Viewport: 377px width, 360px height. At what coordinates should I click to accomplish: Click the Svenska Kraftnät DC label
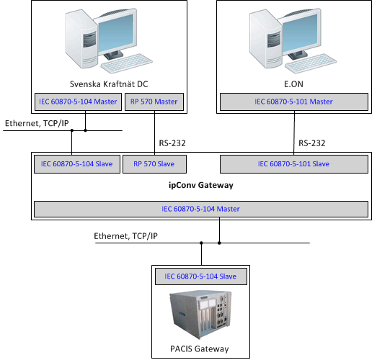[x=109, y=84]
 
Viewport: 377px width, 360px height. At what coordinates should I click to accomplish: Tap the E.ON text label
[x=293, y=84]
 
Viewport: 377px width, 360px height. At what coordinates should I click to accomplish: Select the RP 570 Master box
[x=154, y=102]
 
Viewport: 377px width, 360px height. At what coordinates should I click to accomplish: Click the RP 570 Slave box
[x=154, y=164]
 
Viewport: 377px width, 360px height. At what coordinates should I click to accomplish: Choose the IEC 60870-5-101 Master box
[x=294, y=102]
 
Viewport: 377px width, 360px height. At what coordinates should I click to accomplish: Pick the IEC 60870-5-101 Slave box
[x=294, y=164]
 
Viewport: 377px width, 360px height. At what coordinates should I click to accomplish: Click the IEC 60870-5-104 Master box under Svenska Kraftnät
[x=78, y=102]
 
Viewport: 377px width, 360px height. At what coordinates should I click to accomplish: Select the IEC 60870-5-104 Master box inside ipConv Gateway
[x=201, y=209]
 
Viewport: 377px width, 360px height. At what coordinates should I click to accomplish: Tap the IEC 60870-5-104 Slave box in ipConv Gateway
[x=77, y=164]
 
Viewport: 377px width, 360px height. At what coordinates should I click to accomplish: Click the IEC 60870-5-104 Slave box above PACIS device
[x=201, y=276]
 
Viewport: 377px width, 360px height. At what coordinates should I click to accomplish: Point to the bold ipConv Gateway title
[x=201, y=185]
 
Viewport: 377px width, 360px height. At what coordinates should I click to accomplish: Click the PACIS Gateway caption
[x=200, y=348]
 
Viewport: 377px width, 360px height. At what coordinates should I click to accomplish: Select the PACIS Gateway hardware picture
[x=201, y=315]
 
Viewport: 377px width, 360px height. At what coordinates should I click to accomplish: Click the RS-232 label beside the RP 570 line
[x=172, y=143]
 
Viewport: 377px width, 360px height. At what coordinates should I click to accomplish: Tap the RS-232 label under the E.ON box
[x=312, y=143]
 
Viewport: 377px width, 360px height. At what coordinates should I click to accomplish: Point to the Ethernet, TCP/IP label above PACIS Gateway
[x=125, y=236]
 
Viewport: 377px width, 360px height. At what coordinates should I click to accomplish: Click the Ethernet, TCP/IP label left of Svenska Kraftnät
[x=37, y=123]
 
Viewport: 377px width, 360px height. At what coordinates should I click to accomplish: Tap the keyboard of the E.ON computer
[x=311, y=63]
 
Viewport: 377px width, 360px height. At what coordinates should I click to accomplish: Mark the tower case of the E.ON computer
[x=266, y=38]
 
